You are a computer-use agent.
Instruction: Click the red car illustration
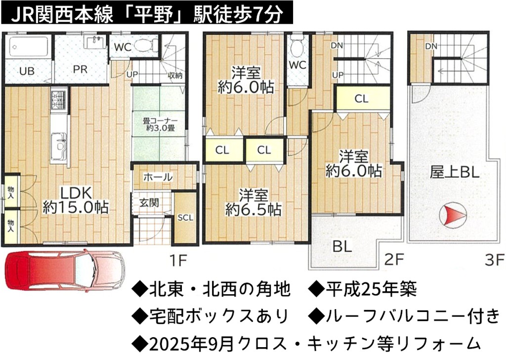click(x=65, y=270)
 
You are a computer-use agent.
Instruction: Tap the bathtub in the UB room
click(x=28, y=47)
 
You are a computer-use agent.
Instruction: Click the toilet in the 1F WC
click(x=146, y=45)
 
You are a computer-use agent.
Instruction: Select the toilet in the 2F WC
click(x=297, y=46)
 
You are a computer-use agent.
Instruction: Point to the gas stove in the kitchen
click(x=59, y=100)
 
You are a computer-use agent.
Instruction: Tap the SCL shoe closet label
click(x=185, y=218)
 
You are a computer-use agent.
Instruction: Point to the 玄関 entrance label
click(x=149, y=203)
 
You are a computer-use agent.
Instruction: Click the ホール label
click(x=158, y=177)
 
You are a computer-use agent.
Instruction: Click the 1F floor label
click(x=178, y=260)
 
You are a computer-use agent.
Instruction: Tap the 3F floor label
click(x=494, y=260)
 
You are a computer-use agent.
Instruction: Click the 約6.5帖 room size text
click(x=253, y=210)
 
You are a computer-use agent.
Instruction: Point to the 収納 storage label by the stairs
click(x=175, y=75)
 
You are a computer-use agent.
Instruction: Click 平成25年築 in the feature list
click(x=371, y=289)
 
